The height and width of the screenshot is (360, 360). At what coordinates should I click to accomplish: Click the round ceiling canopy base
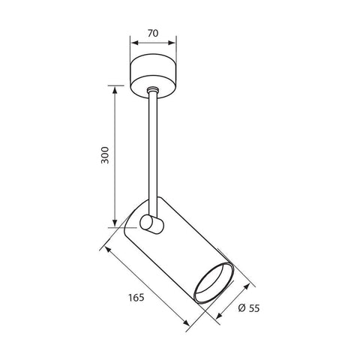click(153, 72)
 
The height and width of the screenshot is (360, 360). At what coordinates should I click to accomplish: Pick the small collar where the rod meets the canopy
click(153, 92)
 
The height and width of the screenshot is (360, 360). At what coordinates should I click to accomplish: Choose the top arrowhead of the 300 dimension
click(115, 89)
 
